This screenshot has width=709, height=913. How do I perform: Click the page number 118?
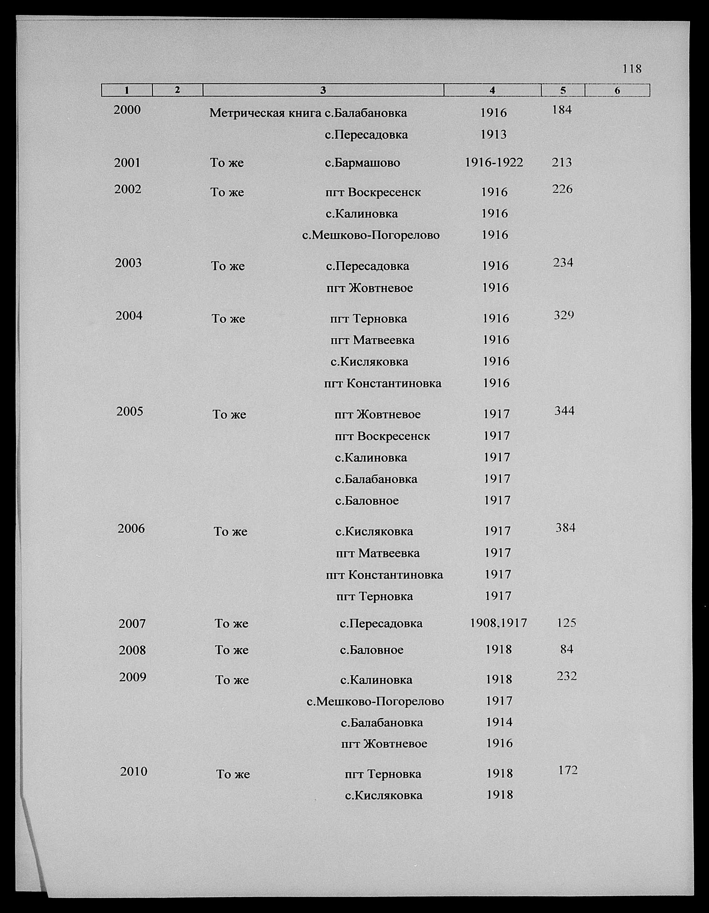(x=632, y=69)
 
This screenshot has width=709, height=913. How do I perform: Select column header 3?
(x=322, y=90)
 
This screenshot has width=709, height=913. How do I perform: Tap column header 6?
(x=617, y=90)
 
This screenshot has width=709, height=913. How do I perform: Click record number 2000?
(x=127, y=110)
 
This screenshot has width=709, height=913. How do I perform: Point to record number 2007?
(x=132, y=624)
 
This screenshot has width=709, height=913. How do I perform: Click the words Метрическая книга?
(x=266, y=113)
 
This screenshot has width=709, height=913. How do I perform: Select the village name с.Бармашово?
(x=362, y=163)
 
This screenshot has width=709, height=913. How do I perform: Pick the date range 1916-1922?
(x=494, y=162)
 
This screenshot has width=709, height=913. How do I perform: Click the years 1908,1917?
(x=498, y=623)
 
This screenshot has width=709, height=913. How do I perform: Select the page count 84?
(x=566, y=649)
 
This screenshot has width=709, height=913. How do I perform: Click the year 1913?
(x=493, y=135)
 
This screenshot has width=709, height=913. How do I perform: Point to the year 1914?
(x=499, y=722)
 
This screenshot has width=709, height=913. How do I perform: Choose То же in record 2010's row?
(x=233, y=774)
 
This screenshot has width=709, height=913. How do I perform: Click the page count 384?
(x=566, y=528)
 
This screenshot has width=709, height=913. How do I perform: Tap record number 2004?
(x=129, y=316)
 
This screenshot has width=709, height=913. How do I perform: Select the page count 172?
(x=568, y=770)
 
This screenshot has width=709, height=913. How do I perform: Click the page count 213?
(x=562, y=162)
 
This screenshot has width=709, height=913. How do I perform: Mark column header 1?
(x=127, y=90)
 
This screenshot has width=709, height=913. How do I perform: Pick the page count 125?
(x=566, y=623)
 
